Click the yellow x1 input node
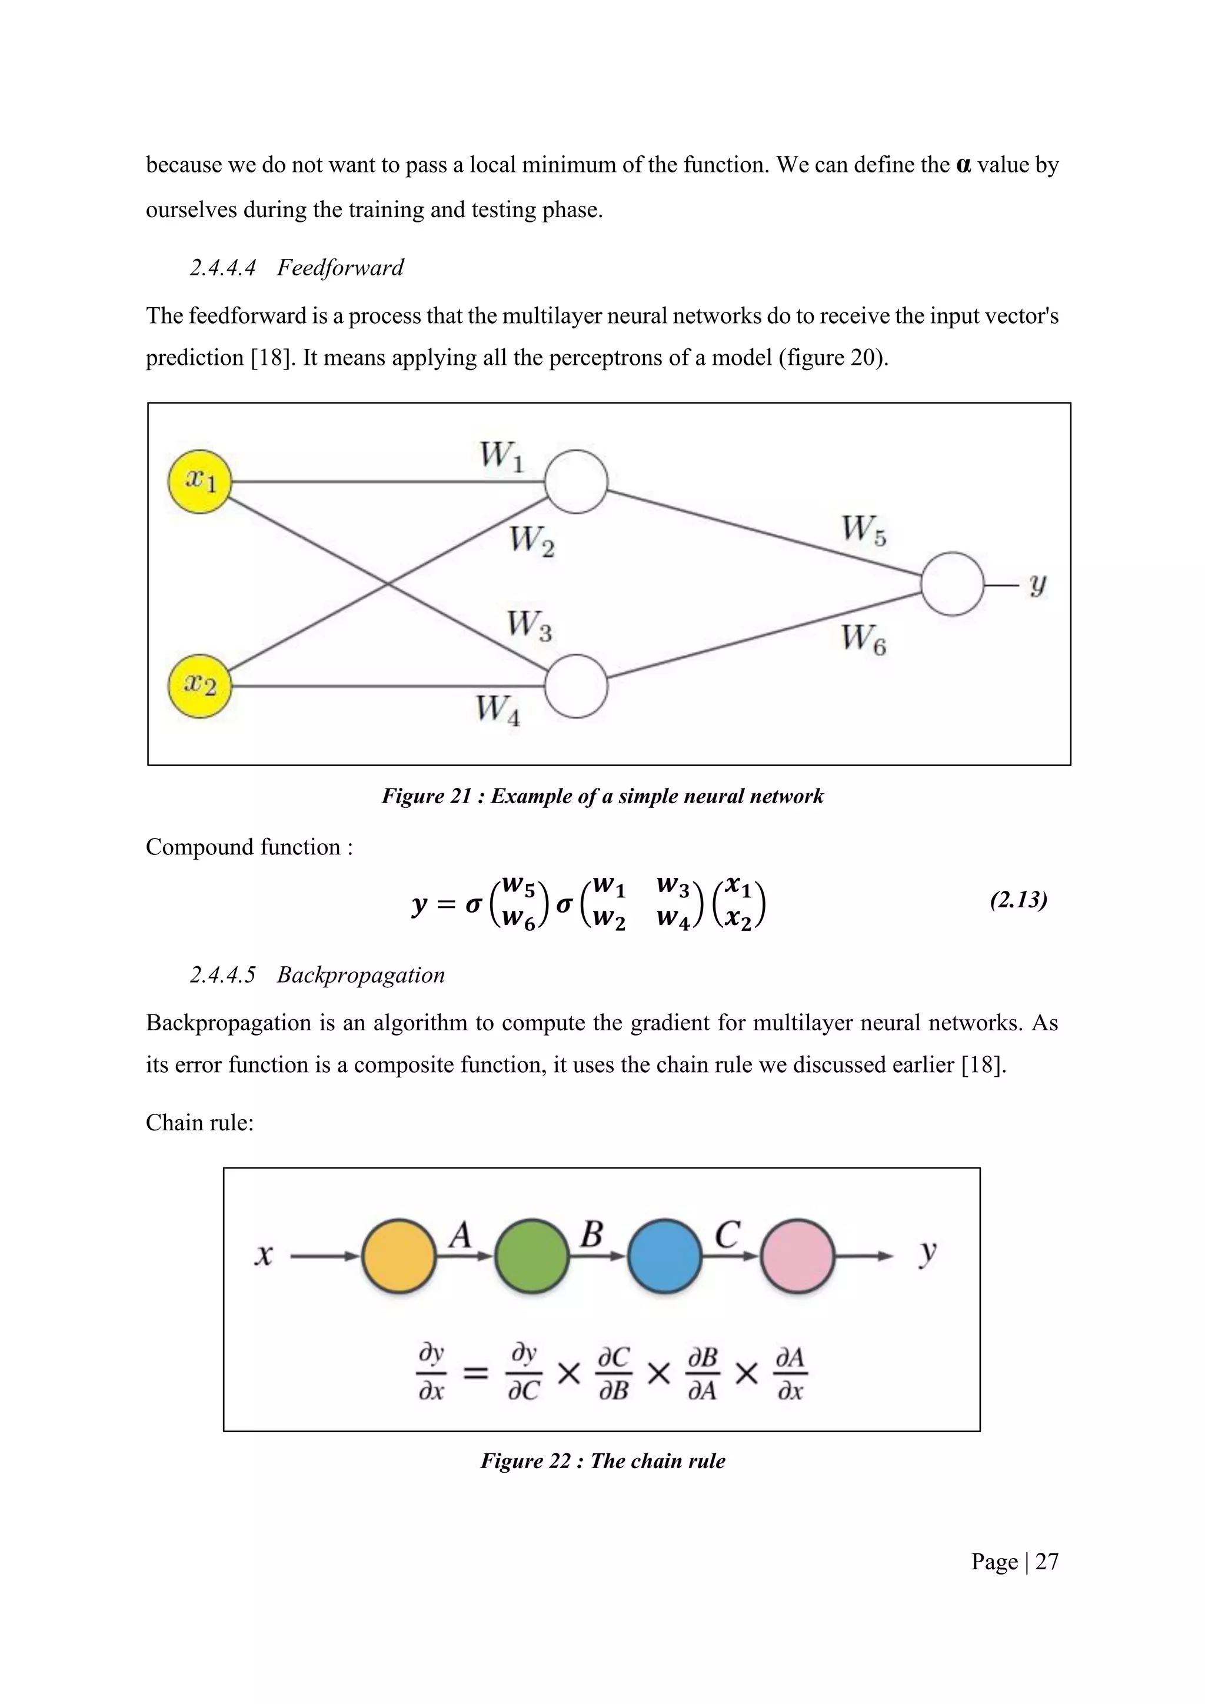[199, 482]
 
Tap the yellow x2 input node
[199, 685]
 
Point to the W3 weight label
[529, 625]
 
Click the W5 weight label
[864, 531]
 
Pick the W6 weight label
[864, 639]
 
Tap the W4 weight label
[498, 710]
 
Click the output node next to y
[952, 584]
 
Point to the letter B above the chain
[591, 1235]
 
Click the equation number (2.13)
[1018, 900]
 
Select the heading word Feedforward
[340, 267]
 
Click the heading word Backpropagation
[361, 974]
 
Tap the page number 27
[1046, 1562]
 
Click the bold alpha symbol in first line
[964, 165]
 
